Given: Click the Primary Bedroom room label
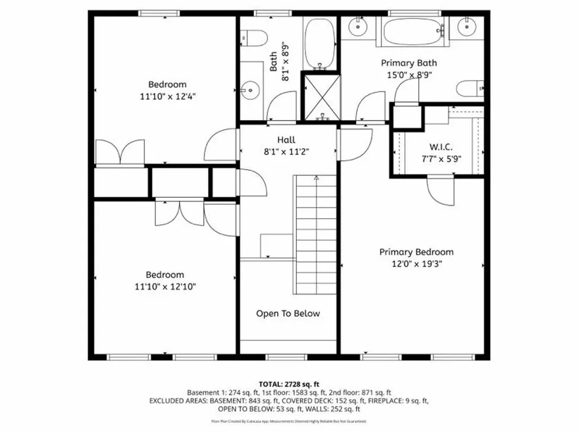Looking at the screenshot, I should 416,252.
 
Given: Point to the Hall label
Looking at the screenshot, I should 286,140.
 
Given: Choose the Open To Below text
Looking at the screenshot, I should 288,313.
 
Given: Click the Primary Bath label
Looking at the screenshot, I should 409,63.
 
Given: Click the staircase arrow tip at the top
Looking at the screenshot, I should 316,178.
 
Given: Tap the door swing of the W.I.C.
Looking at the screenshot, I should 440,191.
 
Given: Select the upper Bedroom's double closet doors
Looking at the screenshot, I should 120,152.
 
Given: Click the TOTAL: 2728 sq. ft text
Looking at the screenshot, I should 288,384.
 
